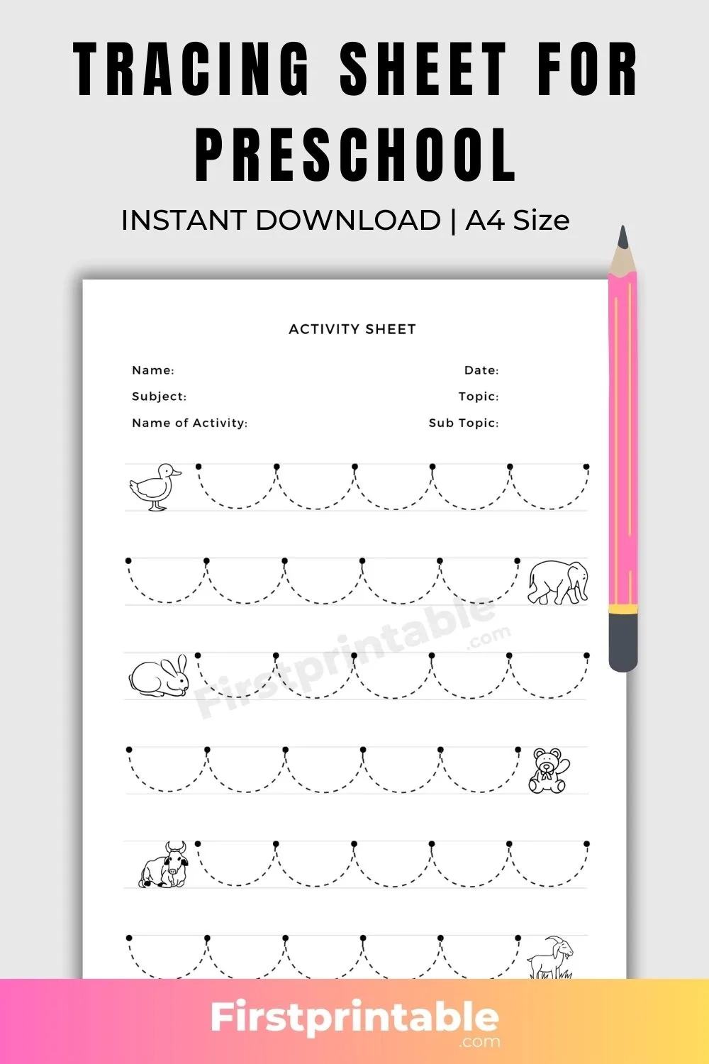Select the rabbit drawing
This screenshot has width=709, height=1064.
(x=160, y=676)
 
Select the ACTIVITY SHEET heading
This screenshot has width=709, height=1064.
(x=352, y=329)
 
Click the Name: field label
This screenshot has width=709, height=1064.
(x=153, y=370)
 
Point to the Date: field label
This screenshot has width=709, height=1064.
(x=481, y=370)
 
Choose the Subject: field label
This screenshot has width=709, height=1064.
(x=160, y=397)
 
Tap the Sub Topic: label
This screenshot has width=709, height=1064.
(x=464, y=423)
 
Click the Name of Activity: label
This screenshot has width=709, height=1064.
(x=190, y=423)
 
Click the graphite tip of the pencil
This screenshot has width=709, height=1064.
(x=623, y=238)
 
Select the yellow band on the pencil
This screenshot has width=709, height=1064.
(x=623, y=608)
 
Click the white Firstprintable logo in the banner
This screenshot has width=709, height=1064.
(x=354, y=1019)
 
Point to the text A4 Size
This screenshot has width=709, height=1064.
(x=518, y=221)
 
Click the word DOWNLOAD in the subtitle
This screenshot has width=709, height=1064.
(x=347, y=221)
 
